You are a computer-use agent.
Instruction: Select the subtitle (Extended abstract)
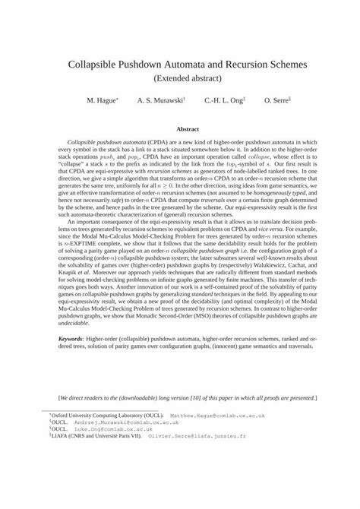(180, 78)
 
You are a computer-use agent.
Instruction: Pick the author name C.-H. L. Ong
(223, 100)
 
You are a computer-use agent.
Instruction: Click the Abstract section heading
(180, 129)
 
